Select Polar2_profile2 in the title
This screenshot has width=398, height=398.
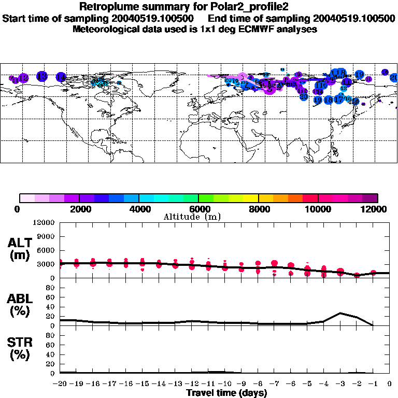239,7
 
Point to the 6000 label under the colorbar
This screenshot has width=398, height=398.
198,209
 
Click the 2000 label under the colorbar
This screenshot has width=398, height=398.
79,209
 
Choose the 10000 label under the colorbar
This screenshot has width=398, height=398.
318,209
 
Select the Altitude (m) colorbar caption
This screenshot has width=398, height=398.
198,217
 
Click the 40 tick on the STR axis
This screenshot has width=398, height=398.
51,354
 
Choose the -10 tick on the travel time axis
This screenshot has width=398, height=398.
225,383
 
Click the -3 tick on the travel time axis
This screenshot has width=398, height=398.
340,383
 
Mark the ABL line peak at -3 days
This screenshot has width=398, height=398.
340,313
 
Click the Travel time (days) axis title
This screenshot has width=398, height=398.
226,393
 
